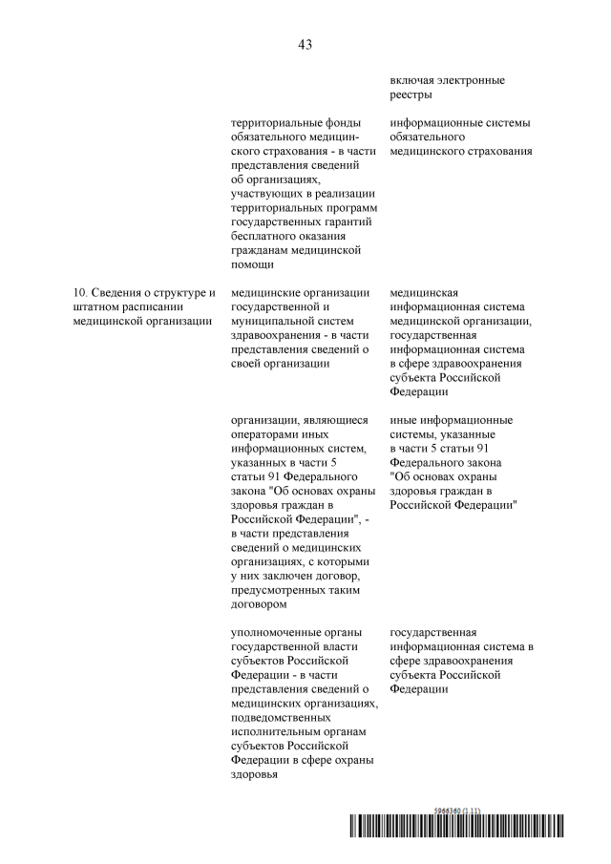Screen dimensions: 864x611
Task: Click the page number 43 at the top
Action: click(305, 44)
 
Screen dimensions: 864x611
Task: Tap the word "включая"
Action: click(412, 79)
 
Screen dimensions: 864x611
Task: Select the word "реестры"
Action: click(411, 94)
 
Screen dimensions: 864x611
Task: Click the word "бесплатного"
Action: click(264, 236)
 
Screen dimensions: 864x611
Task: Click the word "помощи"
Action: click(254, 264)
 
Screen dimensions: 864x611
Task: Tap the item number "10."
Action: click(82, 292)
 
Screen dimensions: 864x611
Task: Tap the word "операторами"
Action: click(265, 434)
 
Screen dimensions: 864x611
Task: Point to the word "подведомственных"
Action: click(282, 717)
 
